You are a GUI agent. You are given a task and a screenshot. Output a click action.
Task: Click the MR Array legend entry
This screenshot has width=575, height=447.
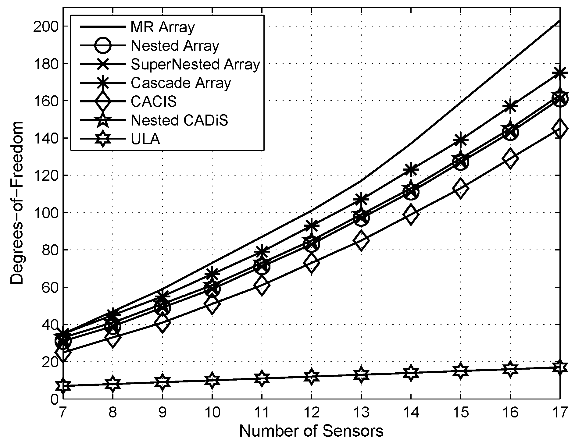click(x=162, y=27)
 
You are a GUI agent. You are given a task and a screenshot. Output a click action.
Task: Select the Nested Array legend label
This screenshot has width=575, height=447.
click(x=175, y=46)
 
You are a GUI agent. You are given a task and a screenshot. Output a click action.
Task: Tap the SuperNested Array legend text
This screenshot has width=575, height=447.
click(x=195, y=65)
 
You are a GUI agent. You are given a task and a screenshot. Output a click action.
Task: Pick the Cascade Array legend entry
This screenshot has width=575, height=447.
click(x=180, y=83)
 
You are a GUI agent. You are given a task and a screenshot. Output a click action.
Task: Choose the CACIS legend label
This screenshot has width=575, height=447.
click(x=153, y=101)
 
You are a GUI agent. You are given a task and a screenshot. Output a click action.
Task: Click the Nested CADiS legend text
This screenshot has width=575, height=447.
click(x=179, y=120)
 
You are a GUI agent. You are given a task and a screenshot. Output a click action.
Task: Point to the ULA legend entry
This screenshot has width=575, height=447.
click(x=145, y=139)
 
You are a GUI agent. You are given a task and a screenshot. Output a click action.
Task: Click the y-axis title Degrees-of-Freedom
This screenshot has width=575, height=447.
click(x=17, y=203)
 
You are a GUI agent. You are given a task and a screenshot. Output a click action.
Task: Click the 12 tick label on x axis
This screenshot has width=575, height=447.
click(x=311, y=413)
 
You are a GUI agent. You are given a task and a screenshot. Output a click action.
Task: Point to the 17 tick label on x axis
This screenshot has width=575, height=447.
click(x=560, y=413)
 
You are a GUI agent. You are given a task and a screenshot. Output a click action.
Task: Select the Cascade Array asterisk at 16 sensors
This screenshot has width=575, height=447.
click(x=510, y=106)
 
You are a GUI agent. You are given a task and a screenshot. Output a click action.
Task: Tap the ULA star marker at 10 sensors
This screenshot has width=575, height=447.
click(x=212, y=380)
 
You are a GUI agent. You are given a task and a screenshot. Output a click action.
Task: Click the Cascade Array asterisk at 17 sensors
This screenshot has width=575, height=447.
click(x=560, y=73)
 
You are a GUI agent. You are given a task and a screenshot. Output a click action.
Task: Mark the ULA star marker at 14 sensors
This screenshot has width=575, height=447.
click(x=411, y=373)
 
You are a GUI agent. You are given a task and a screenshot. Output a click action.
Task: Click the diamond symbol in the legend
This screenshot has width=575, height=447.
click(x=103, y=101)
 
